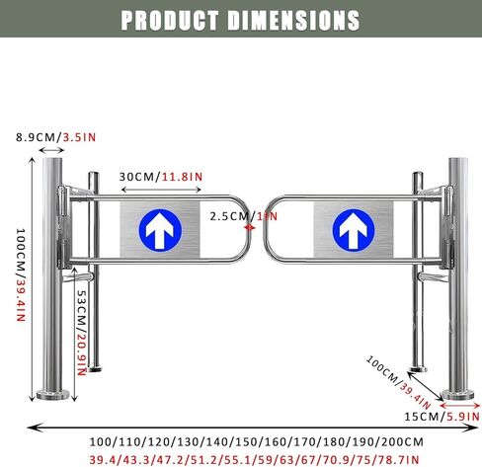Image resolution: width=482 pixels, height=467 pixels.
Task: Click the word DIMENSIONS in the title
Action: [296, 19]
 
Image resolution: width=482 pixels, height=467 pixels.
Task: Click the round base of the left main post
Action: [55, 397]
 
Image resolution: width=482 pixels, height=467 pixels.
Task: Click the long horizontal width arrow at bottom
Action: [247, 427]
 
